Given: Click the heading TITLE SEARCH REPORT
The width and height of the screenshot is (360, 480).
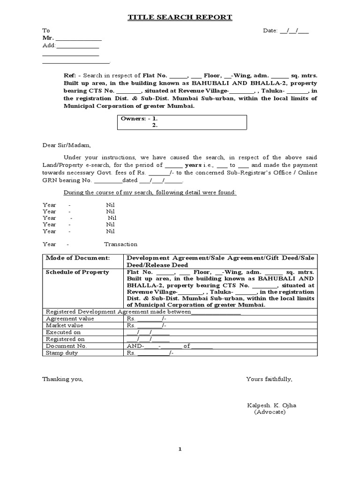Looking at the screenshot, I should (180, 18).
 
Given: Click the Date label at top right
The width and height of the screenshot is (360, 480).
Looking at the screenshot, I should (270, 31).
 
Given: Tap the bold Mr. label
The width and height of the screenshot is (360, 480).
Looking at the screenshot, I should (48, 38).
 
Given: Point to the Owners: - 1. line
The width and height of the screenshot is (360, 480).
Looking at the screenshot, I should (139, 119).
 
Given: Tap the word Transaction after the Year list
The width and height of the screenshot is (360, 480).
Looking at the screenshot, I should (120, 244).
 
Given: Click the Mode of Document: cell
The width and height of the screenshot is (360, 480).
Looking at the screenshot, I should (78, 258).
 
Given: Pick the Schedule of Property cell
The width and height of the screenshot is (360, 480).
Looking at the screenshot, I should (77, 272).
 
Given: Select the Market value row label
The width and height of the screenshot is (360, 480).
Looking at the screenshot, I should (64, 325).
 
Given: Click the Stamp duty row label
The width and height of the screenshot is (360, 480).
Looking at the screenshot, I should (61, 353).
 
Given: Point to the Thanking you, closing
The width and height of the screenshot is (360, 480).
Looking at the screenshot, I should (63, 379).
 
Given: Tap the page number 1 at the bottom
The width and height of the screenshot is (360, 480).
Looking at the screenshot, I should (180, 449).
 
